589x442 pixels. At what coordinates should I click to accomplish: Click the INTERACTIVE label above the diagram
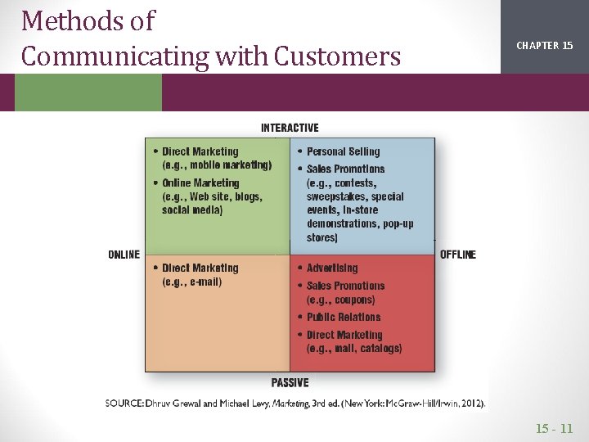click(290, 128)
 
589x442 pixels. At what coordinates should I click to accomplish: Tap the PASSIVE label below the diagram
click(290, 382)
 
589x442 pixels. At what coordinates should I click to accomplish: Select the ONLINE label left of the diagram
click(124, 255)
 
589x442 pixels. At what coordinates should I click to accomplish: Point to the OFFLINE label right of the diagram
click(458, 255)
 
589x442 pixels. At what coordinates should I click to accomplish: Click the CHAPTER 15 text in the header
click(544, 46)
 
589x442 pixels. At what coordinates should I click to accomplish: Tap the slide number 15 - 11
click(555, 428)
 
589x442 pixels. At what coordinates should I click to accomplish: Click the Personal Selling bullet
click(343, 151)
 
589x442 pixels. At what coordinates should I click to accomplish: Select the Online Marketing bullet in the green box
click(200, 183)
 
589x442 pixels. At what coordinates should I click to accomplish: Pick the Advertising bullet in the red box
click(332, 268)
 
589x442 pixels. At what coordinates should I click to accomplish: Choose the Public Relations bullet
click(344, 317)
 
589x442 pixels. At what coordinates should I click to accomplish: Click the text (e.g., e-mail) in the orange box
click(192, 282)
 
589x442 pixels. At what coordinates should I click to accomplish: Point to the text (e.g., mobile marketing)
click(217, 165)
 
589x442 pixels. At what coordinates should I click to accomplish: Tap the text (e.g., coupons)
click(341, 300)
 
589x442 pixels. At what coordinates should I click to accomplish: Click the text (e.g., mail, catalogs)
click(354, 349)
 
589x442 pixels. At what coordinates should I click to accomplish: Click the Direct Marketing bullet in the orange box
click(200, 268)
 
